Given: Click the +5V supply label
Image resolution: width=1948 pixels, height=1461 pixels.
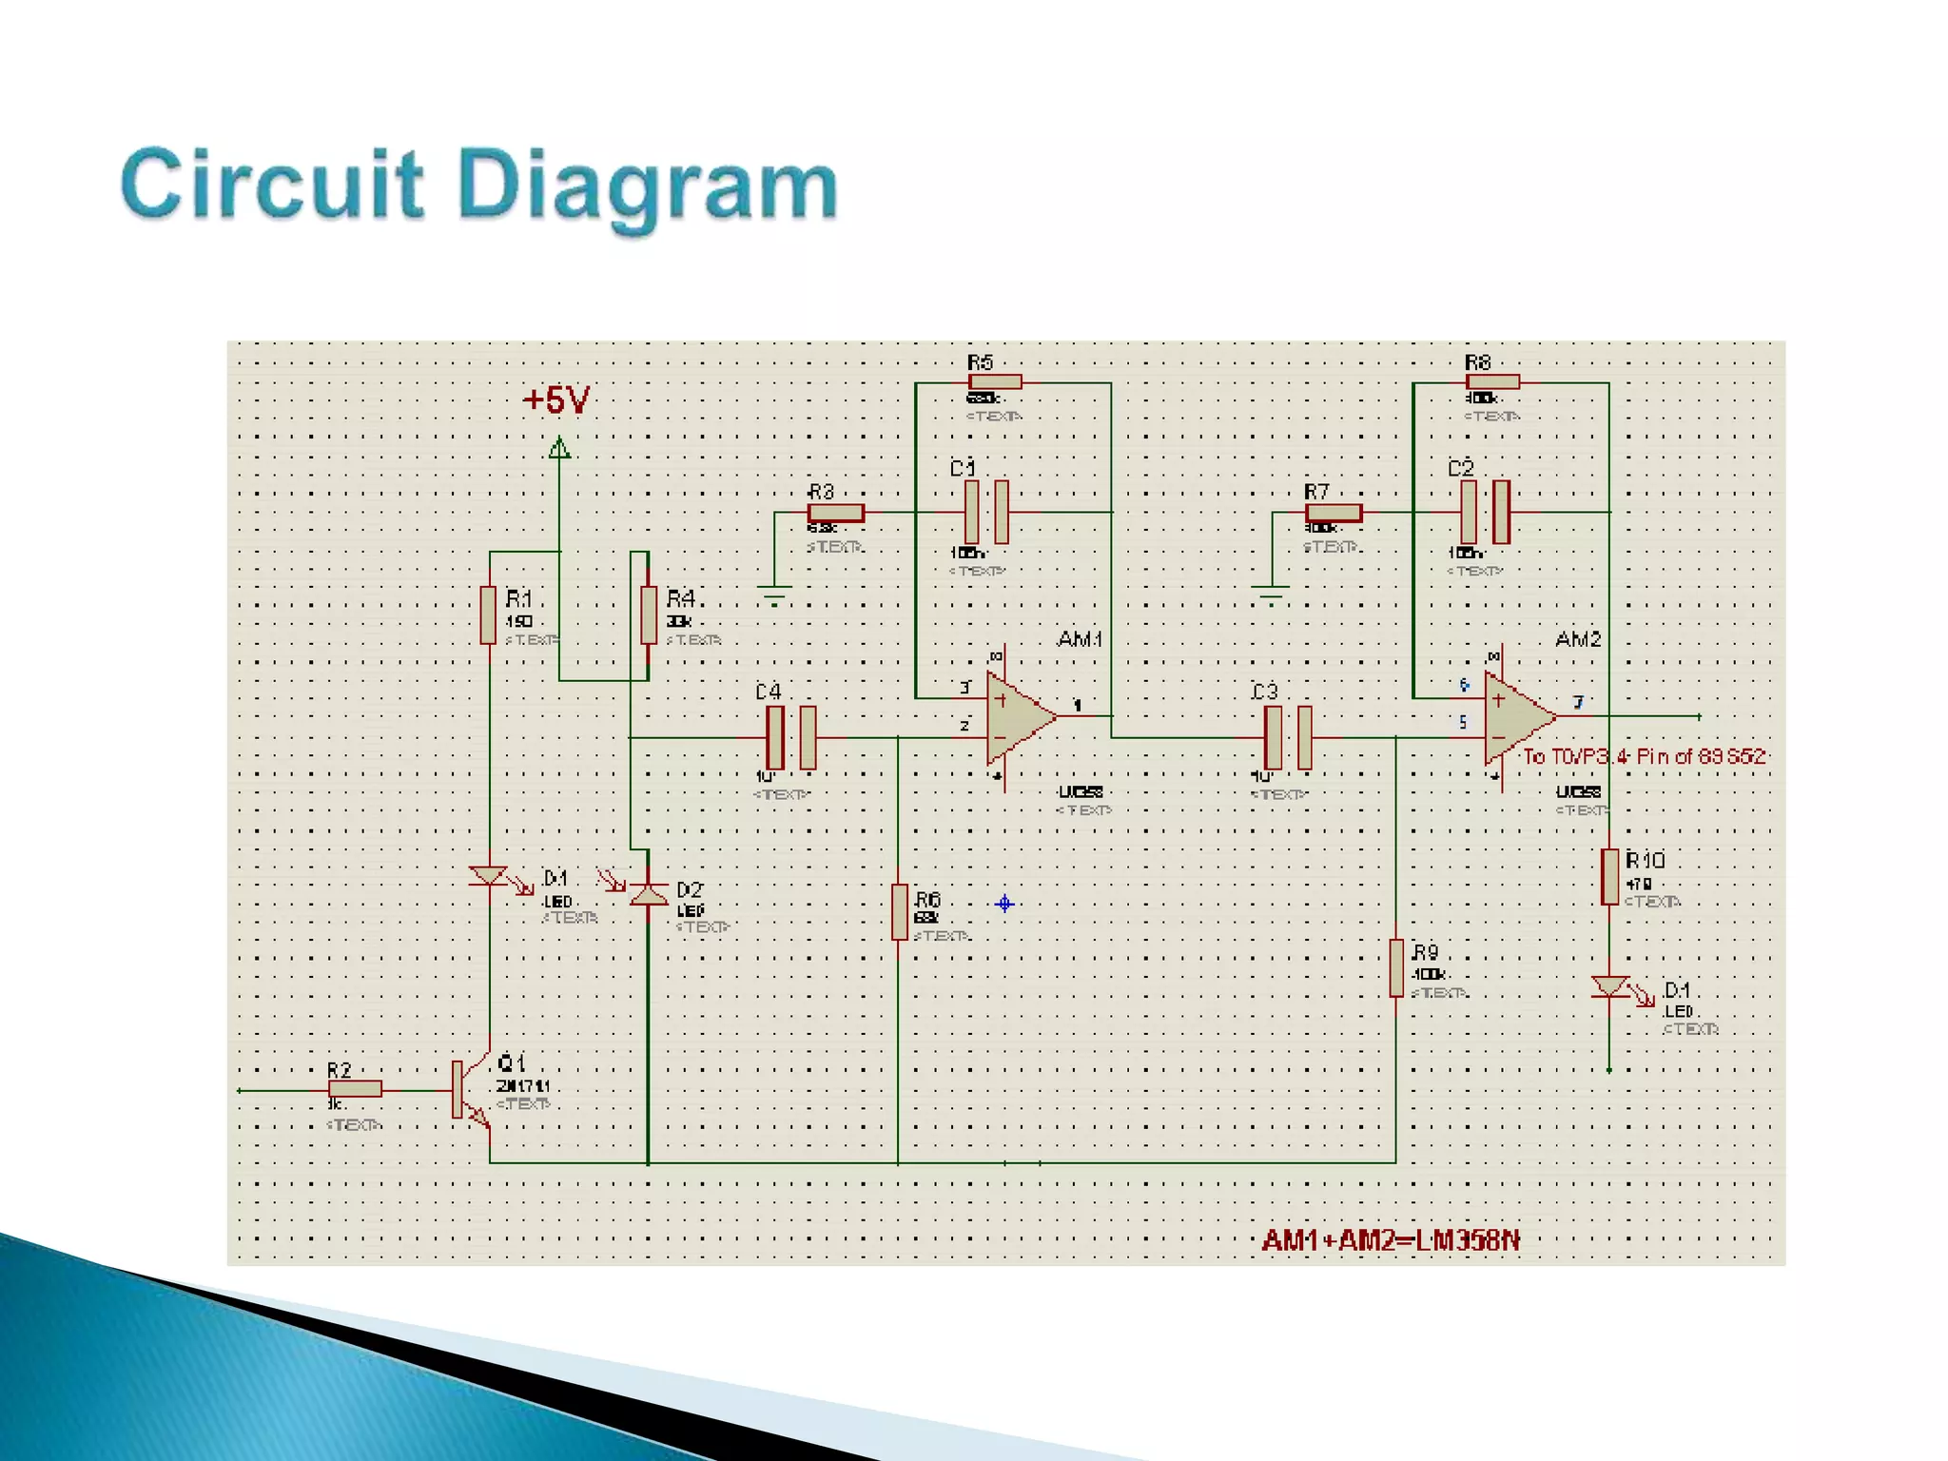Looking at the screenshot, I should tap(556, 400).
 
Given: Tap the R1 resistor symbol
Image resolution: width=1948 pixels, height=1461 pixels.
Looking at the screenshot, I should tap(488, 615).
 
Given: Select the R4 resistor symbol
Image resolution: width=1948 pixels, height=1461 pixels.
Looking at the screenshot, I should tap(649, 615).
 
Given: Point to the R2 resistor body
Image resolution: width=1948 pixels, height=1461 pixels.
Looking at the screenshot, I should tap(355, 1089).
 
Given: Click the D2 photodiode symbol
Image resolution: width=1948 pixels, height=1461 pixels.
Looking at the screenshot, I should tap(649, 894).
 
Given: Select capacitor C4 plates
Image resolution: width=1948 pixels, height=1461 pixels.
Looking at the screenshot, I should tap(791, 737).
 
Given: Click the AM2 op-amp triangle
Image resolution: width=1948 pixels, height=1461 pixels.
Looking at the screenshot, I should tap(1516, 717).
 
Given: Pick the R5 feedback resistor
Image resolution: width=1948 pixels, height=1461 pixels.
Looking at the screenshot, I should tap(994, 382).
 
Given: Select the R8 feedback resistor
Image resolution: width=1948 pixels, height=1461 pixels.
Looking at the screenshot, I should tap(1492, 382).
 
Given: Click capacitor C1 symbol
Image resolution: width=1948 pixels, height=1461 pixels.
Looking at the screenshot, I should tap(986, 512).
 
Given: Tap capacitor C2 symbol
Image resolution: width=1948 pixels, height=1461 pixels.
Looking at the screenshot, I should tap(1485, 512).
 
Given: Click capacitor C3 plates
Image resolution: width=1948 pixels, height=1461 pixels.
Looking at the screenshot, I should tap(1289, 737).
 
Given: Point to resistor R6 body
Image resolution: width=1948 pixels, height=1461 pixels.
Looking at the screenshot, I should tap(900, 911).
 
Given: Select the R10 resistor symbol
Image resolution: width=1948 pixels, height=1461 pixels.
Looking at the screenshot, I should tap(1609, 876).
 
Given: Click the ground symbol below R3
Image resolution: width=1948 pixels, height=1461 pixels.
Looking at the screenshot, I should tap(775, 597).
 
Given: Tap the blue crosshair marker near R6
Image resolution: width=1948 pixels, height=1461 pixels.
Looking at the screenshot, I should tap(1004, 904).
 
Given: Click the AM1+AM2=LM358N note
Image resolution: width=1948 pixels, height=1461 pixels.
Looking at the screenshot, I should tap(1391, 1240).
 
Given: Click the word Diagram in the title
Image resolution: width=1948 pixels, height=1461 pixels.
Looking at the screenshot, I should tap(647, 185).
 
